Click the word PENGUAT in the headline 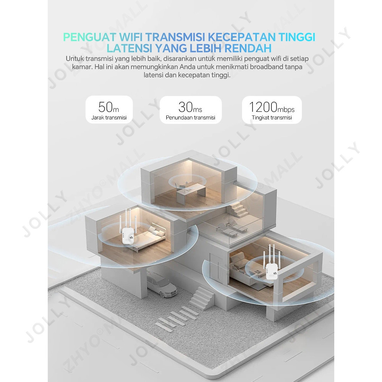tap(89, 37)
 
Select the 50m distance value tap(108, 107)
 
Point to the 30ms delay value tap(190, 107)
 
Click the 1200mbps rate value tap(272, 107)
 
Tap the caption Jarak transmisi tap(109, 118)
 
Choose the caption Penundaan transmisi tap(191, 118)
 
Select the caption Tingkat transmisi tap(272, 118)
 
